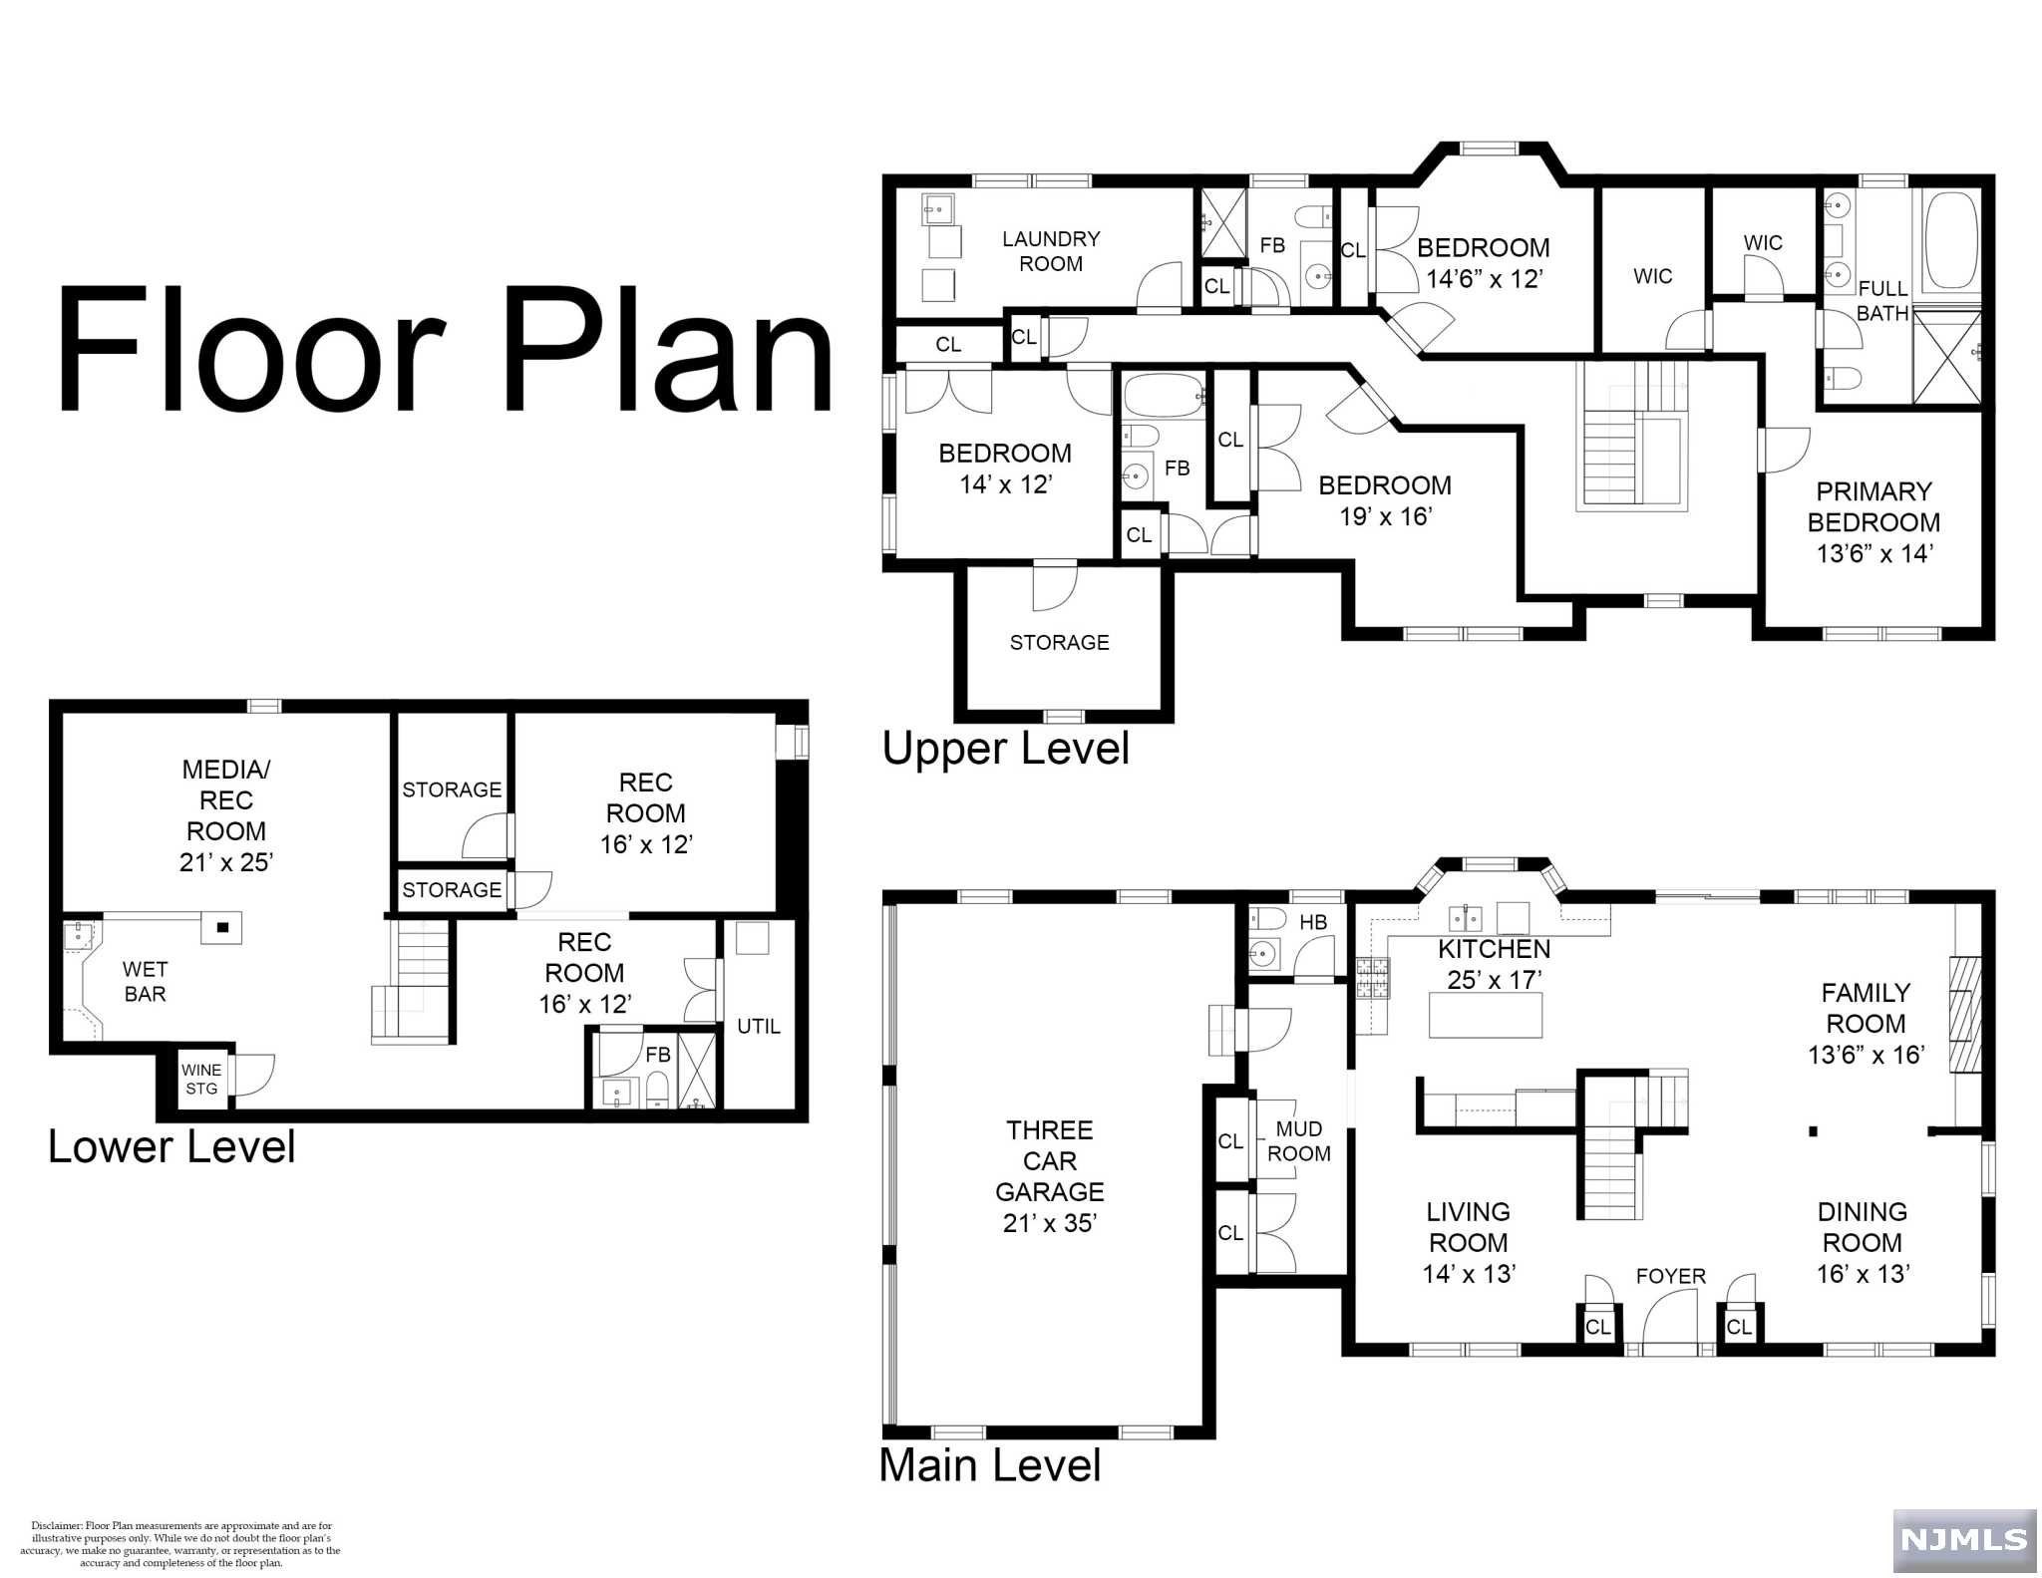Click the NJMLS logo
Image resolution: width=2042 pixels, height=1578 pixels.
tap(1963, 1539)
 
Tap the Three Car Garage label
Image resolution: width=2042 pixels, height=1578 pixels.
tap(1049, 1161)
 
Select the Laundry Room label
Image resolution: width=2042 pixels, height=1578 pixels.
tap(1051, 251)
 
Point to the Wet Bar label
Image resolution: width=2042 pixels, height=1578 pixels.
tap(145, 981)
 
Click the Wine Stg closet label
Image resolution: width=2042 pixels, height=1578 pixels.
tap(201, 1079)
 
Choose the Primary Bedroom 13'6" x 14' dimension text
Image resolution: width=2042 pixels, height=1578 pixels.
tap(1873, 553)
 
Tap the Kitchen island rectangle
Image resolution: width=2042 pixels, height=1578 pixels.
tap(1486, 1016)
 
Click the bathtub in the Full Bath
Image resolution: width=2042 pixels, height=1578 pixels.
tap(1950, 241)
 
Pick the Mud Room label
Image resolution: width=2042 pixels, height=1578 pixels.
tap(1299, 1141)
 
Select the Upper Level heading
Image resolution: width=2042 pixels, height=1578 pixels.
tap(1006, 749)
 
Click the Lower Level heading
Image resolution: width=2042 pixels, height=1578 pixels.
tap(171, 1147)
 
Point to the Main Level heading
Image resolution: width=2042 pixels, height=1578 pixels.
tap(990, 1465)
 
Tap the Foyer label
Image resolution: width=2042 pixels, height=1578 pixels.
tap(1671, 1276)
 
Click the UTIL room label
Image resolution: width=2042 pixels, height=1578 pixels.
tap(759, 1026)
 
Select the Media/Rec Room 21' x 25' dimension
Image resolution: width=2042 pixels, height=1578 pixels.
tap(226, 862)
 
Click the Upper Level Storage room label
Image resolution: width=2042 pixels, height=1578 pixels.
tap(1059, 643)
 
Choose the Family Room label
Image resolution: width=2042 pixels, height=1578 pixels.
tap(1866, 1008)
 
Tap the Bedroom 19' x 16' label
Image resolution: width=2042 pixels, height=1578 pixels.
tap(1385, 500)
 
